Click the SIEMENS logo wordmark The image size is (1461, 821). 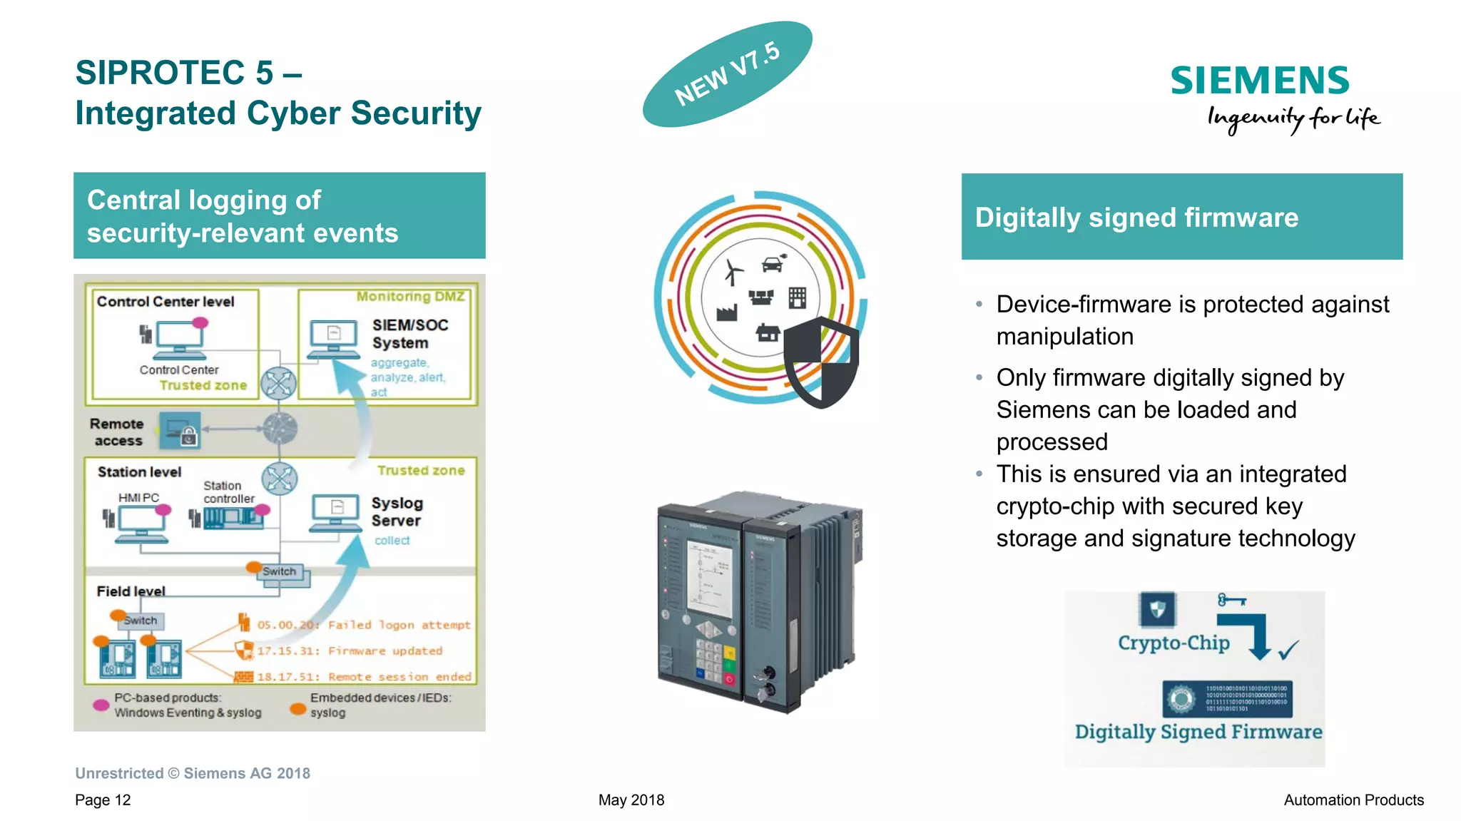pyautogui.click(x=1259, y=81)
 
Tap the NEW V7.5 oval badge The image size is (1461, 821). pyautogui.click(x=727, y=74)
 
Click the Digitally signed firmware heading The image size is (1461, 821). pyautogui.click(x=1136, y=218)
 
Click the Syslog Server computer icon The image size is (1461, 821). pyautogui.click(x=335, y=513)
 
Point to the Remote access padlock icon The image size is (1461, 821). pyautogui.click(x=180, y=430)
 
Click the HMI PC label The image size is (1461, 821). pyautogui.click(x=138, y=497)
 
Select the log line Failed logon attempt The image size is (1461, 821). pyautogui.click(x=364, y=625)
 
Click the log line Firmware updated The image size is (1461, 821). pyautogui.click(x=350, y=651)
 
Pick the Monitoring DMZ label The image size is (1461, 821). pyautogui.click(x=410, y=296)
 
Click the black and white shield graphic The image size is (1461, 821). pyautogui.click(x=821, y=362)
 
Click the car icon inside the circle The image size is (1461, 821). pyautogui.click(x=773, y=264)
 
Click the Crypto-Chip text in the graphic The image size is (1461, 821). pyautogui.click(x=1174, y=643)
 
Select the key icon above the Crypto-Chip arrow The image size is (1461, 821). pyautogui.click(x=1231, y=600)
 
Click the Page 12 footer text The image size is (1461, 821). pyautogui.click(x=103, y=800)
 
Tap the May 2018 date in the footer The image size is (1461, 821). pyautogui.click(x=631, y=800)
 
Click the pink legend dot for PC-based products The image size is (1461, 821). pyautogui.click(x=101, y=705)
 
